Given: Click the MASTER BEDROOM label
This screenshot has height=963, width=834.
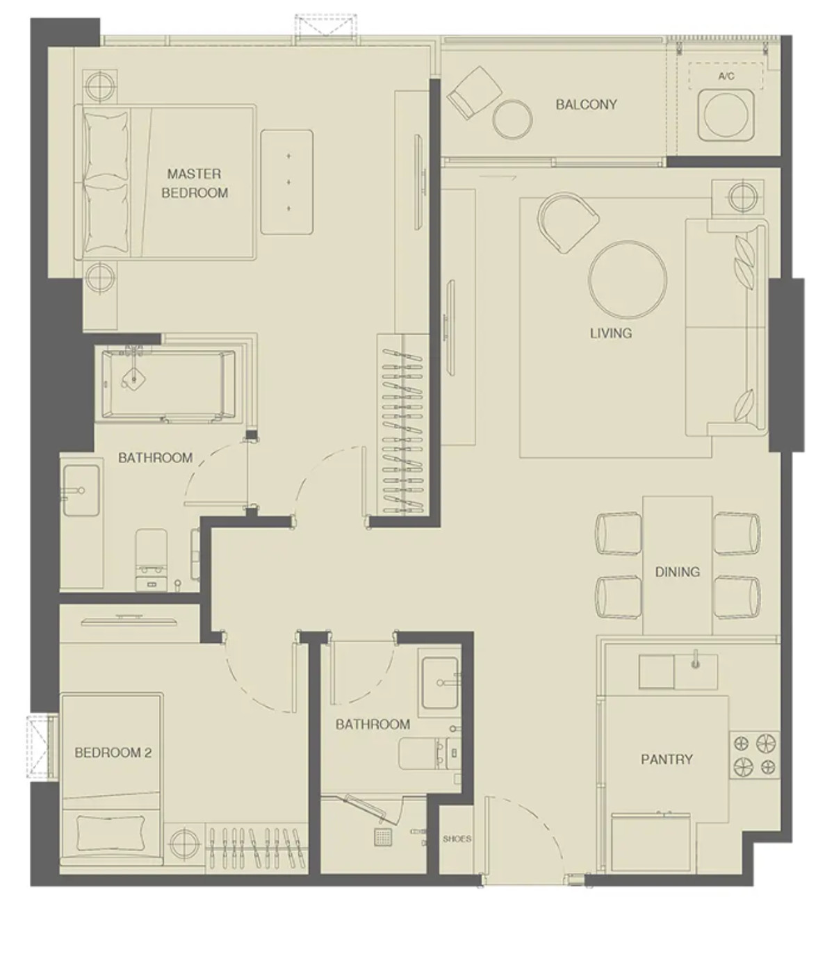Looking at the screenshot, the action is coord(195,183).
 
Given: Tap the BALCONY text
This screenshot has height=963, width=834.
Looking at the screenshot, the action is coord(586,104).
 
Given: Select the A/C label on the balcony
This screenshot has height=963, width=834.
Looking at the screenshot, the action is coord(726,76).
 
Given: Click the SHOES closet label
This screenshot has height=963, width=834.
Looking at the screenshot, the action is coord(457,839).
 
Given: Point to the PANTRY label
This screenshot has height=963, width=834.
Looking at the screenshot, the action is coord(667,759).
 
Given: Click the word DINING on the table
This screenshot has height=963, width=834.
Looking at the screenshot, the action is coord(678,572).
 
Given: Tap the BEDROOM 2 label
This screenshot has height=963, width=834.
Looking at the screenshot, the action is coord(113,753).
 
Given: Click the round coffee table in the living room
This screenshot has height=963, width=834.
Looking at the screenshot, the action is coord(627,280).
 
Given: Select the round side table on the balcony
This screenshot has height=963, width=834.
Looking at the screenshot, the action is coord(512,119).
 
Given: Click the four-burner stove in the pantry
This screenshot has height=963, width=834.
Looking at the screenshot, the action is coord(754,755).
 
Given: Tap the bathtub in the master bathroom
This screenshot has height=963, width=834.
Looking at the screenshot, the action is coord(168,384).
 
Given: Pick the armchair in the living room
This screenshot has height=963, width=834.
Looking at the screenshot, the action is coord(567,223).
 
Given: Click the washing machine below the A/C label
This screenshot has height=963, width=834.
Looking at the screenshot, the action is coord(726,115).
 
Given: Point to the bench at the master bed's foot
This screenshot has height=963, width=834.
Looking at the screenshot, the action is coord(286,182).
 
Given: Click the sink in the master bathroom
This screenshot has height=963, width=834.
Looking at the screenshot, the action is coord(81,490).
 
